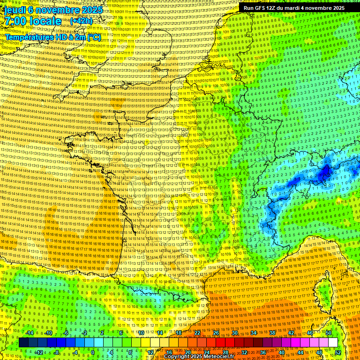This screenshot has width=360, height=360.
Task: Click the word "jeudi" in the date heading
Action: [14, 10]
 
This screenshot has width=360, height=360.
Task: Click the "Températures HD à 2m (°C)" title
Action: [52, 37]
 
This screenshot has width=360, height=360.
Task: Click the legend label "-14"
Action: [30, 333]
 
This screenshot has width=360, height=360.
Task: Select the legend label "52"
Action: [338, 352]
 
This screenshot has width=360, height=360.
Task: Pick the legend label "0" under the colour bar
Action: [92, 352]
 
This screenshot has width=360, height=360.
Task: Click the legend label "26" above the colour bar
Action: [216, 333]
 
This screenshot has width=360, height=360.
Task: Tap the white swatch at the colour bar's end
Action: [333, 343]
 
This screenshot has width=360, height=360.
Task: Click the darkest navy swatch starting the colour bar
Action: [23, 343]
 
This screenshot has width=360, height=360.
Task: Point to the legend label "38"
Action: [272, 333]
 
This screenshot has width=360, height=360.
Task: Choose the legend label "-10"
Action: [48, 333]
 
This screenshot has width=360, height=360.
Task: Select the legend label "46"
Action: [310, 333]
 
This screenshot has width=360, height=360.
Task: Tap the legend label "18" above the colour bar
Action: [179, 333]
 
